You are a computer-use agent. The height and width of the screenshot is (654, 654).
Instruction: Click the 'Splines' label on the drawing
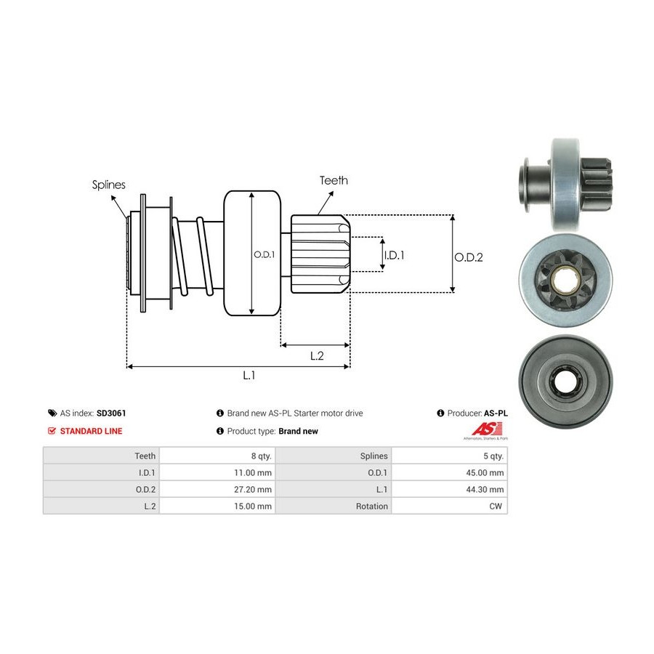coord(109,185)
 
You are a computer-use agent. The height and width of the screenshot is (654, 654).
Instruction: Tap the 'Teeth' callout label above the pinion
coord(334,180)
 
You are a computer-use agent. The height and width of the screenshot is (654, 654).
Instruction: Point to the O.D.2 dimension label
coord(469,257)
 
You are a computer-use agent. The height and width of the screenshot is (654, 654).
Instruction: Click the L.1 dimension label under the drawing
coord(249,376)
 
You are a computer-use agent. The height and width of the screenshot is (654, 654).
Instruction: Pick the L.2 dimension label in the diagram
coord(317,355)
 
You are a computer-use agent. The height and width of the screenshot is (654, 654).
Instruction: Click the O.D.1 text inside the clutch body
coord(262,254)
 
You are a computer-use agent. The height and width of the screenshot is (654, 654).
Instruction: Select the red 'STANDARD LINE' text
coord(91,431)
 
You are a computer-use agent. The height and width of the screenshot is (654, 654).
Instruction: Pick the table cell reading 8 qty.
coord(261,456)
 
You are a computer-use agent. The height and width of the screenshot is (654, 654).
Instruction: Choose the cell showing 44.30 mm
coord(486,489)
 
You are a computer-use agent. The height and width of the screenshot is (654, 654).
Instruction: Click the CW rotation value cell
coord(497,506)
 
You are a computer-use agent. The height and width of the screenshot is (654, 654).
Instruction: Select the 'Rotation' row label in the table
coord(373,506)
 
